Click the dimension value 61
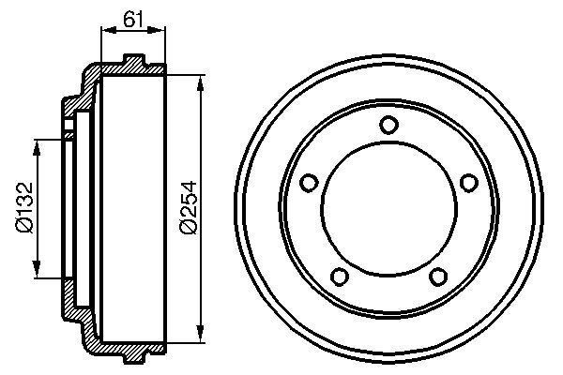pos(132,16)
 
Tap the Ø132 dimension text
pos(26,208)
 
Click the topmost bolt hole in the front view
pos(388,126)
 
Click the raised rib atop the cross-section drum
pos(135,61)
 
